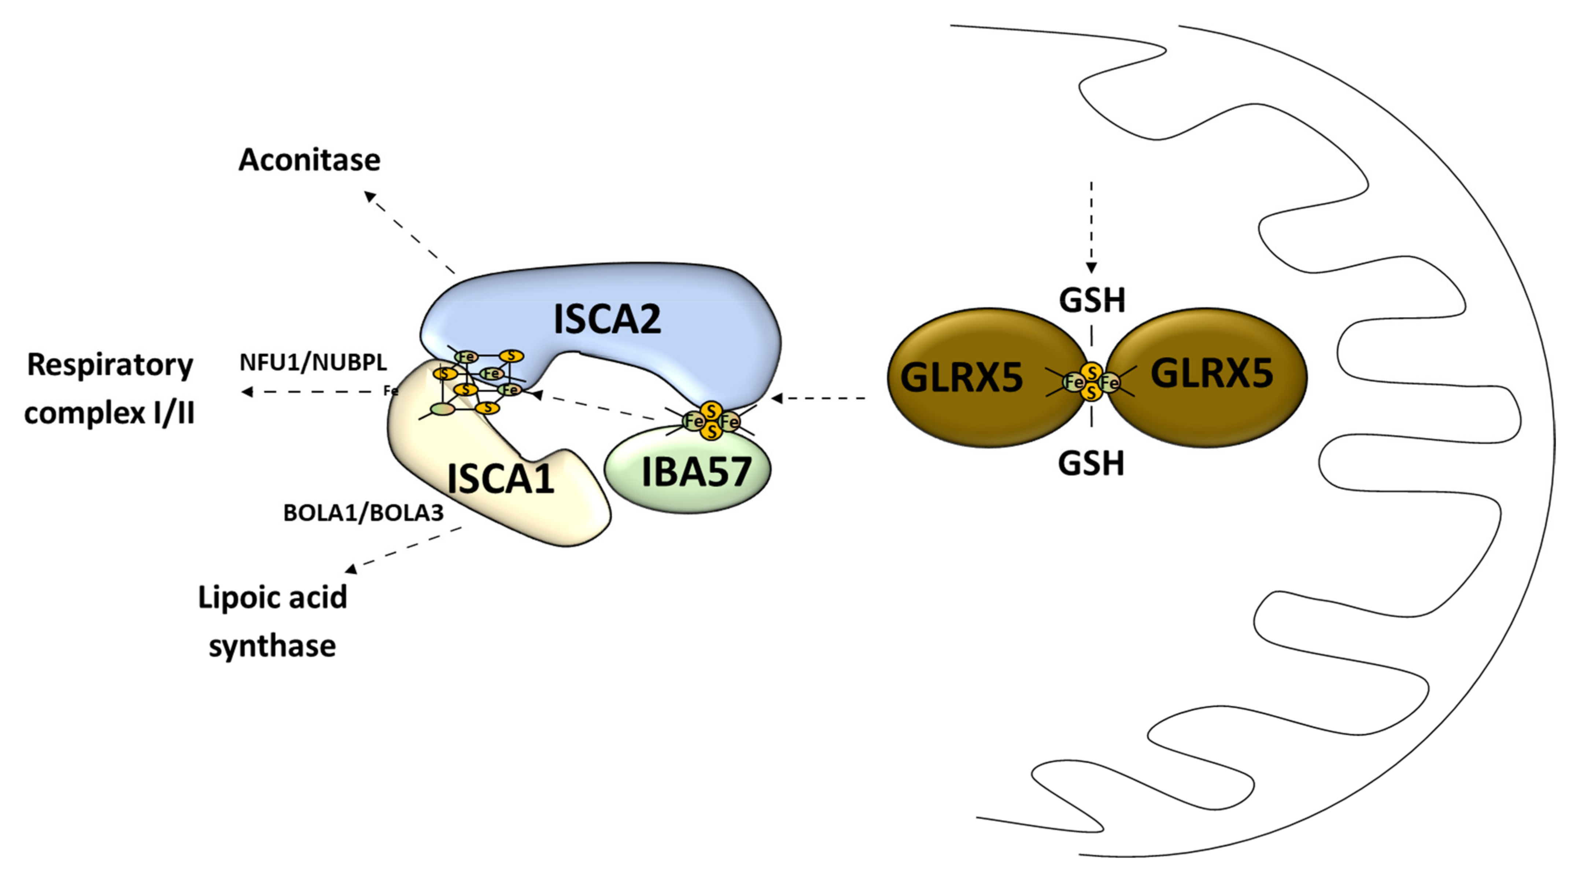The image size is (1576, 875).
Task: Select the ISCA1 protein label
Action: [501, 478]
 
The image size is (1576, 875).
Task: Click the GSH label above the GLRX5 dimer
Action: [1092, 301]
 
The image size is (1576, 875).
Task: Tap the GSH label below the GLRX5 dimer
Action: [1091, 463]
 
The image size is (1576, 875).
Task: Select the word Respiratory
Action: [110, 365]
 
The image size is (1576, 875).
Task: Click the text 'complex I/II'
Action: [110, 413]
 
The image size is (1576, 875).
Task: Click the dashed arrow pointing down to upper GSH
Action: [1092, 227]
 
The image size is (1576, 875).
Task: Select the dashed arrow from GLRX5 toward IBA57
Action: [820, 398]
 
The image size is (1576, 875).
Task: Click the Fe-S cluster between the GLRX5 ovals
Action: [1092, 382]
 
